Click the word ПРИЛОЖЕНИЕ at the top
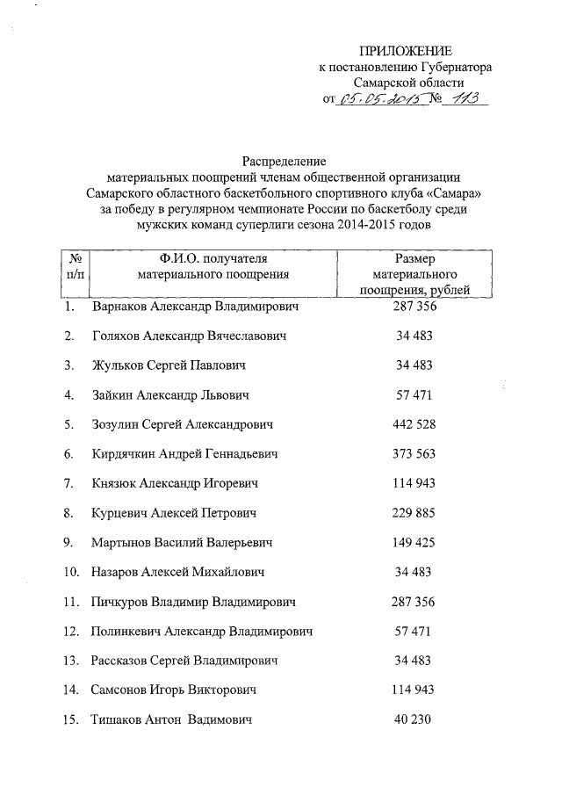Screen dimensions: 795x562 point(408,52)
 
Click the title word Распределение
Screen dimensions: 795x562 point(284,161)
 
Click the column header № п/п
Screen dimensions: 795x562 point(76,266)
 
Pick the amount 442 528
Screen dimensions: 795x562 point(414,424)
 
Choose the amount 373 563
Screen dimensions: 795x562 point(414,454)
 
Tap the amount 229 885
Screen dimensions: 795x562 point(414,513)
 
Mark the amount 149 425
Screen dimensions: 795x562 point(414,543)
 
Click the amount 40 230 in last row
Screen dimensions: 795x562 point(414,719)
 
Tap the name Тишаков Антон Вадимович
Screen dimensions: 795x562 point(172,719)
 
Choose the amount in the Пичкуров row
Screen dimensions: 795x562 point(414,602)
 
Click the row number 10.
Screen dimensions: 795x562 point(72,573)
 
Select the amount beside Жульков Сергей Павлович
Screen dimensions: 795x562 point(414,365)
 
